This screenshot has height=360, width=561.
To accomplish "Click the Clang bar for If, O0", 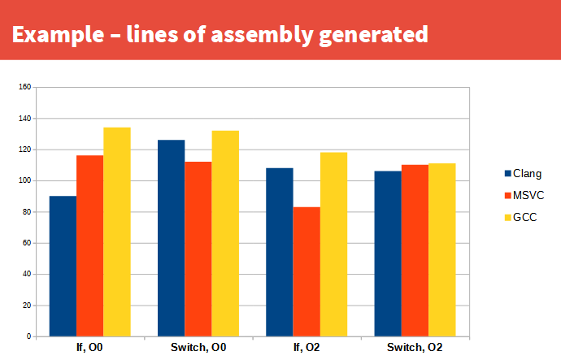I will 63,266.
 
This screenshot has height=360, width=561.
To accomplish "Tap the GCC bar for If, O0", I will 117,232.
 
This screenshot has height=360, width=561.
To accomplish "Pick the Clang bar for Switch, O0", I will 171,238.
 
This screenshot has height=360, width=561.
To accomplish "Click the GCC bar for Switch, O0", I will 225,233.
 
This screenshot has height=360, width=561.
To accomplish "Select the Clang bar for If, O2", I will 280,252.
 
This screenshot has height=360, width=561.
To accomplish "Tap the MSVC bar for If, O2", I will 307,271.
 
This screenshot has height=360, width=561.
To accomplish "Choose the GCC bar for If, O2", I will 333,244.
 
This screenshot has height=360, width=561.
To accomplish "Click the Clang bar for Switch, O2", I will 388,254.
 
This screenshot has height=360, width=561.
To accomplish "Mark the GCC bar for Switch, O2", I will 442,249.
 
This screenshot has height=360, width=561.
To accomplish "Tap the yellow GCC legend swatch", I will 508,217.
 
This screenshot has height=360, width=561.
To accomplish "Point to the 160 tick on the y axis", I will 24,87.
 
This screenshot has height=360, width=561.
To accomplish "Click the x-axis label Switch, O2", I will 415,348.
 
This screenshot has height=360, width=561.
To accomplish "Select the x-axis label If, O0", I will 89,348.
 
